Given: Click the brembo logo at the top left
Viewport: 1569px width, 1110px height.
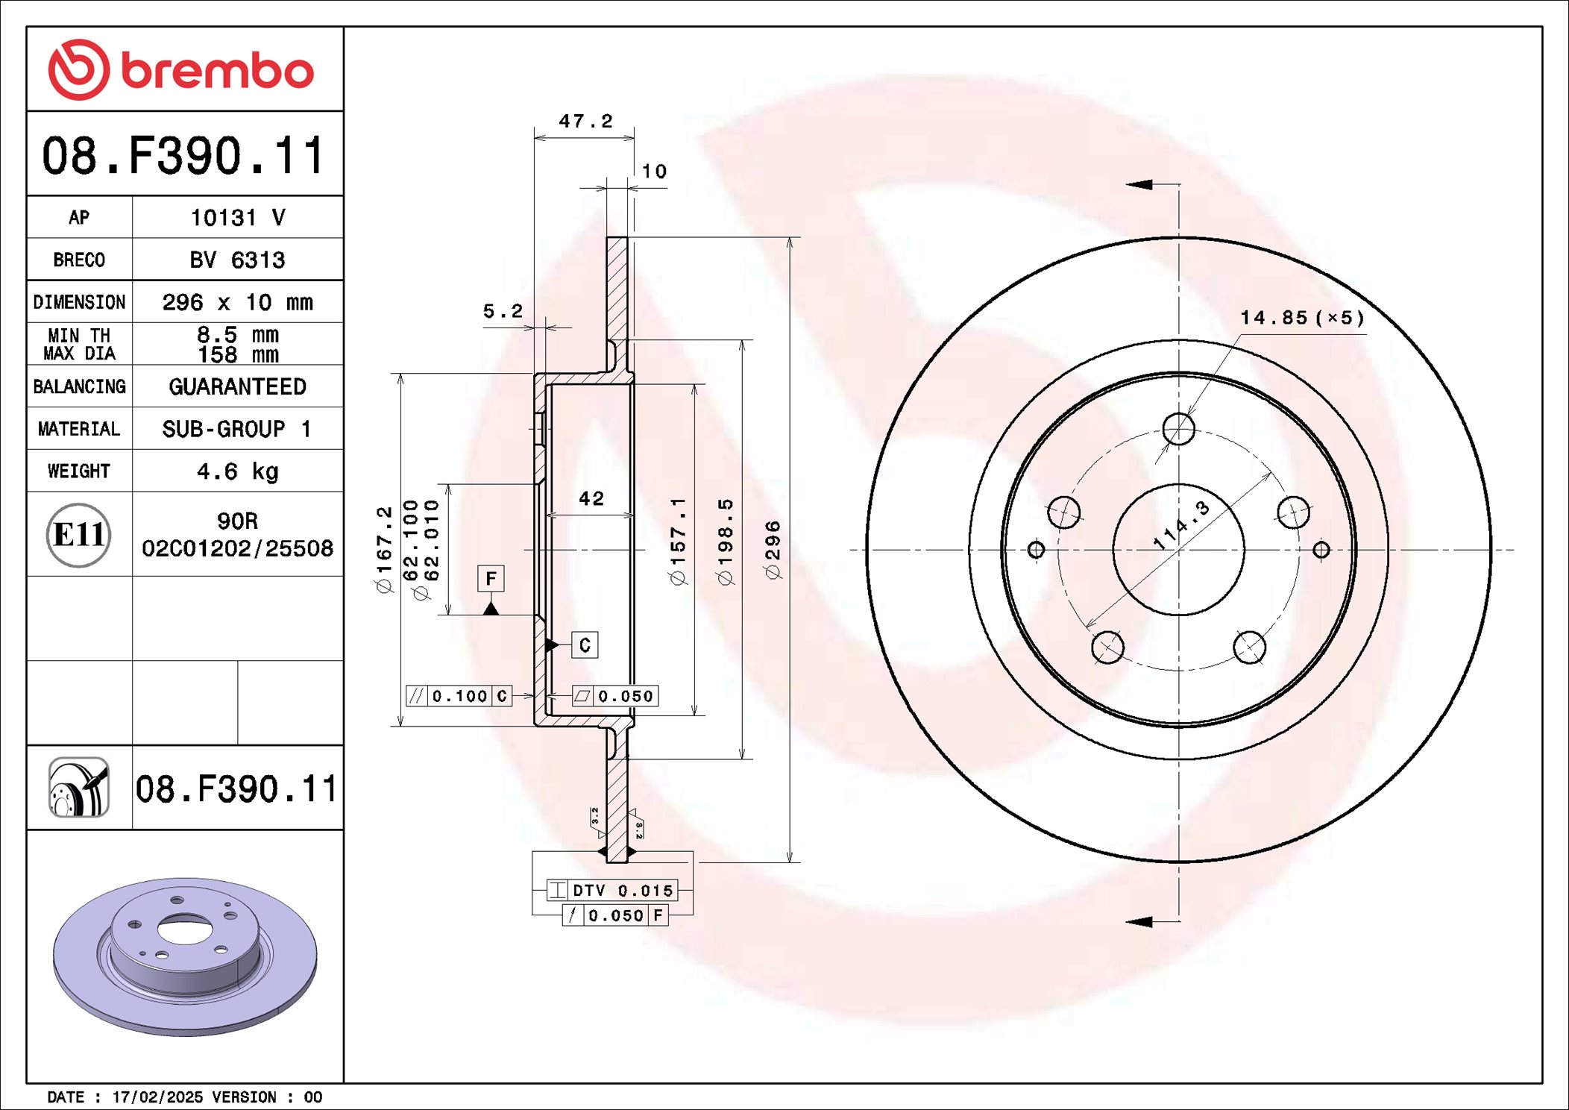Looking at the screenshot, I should click(181, 70).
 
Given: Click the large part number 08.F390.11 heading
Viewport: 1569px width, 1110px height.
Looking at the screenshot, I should click(183, 155).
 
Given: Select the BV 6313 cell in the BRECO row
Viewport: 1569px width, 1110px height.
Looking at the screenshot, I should click(237, 260).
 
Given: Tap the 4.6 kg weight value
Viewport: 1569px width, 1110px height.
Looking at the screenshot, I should click(237, 471).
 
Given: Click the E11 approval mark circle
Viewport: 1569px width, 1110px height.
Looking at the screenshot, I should click(78, 534).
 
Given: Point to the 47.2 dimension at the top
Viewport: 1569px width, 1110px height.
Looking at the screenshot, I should click(585, 121).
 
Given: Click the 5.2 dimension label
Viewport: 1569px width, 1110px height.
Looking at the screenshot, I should click(503, 311).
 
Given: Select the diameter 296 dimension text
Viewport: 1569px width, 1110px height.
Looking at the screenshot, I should click(773, 550).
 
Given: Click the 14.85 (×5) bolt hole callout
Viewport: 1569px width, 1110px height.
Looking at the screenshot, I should click(1302, 318).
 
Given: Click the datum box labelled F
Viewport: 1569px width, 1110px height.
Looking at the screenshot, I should click(491, 578).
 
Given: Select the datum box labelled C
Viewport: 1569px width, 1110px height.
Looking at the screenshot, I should click(585, 645).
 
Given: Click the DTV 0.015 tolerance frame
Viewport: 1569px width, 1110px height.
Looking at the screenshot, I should click(612, 890).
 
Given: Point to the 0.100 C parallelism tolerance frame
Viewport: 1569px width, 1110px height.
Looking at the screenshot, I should click(459, 696).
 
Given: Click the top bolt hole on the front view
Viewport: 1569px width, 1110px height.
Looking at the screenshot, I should click(1178, 429).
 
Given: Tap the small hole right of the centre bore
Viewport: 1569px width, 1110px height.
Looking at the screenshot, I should click(1321, 550).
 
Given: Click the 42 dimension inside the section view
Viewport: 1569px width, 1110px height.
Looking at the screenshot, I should click(591, 498).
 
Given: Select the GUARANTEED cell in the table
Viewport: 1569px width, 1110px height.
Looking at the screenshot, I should click(237, 386).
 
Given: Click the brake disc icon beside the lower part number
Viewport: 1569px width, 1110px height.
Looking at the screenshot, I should click(79, 788).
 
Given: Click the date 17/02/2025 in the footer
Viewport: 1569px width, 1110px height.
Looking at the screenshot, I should click(157, 1097).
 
